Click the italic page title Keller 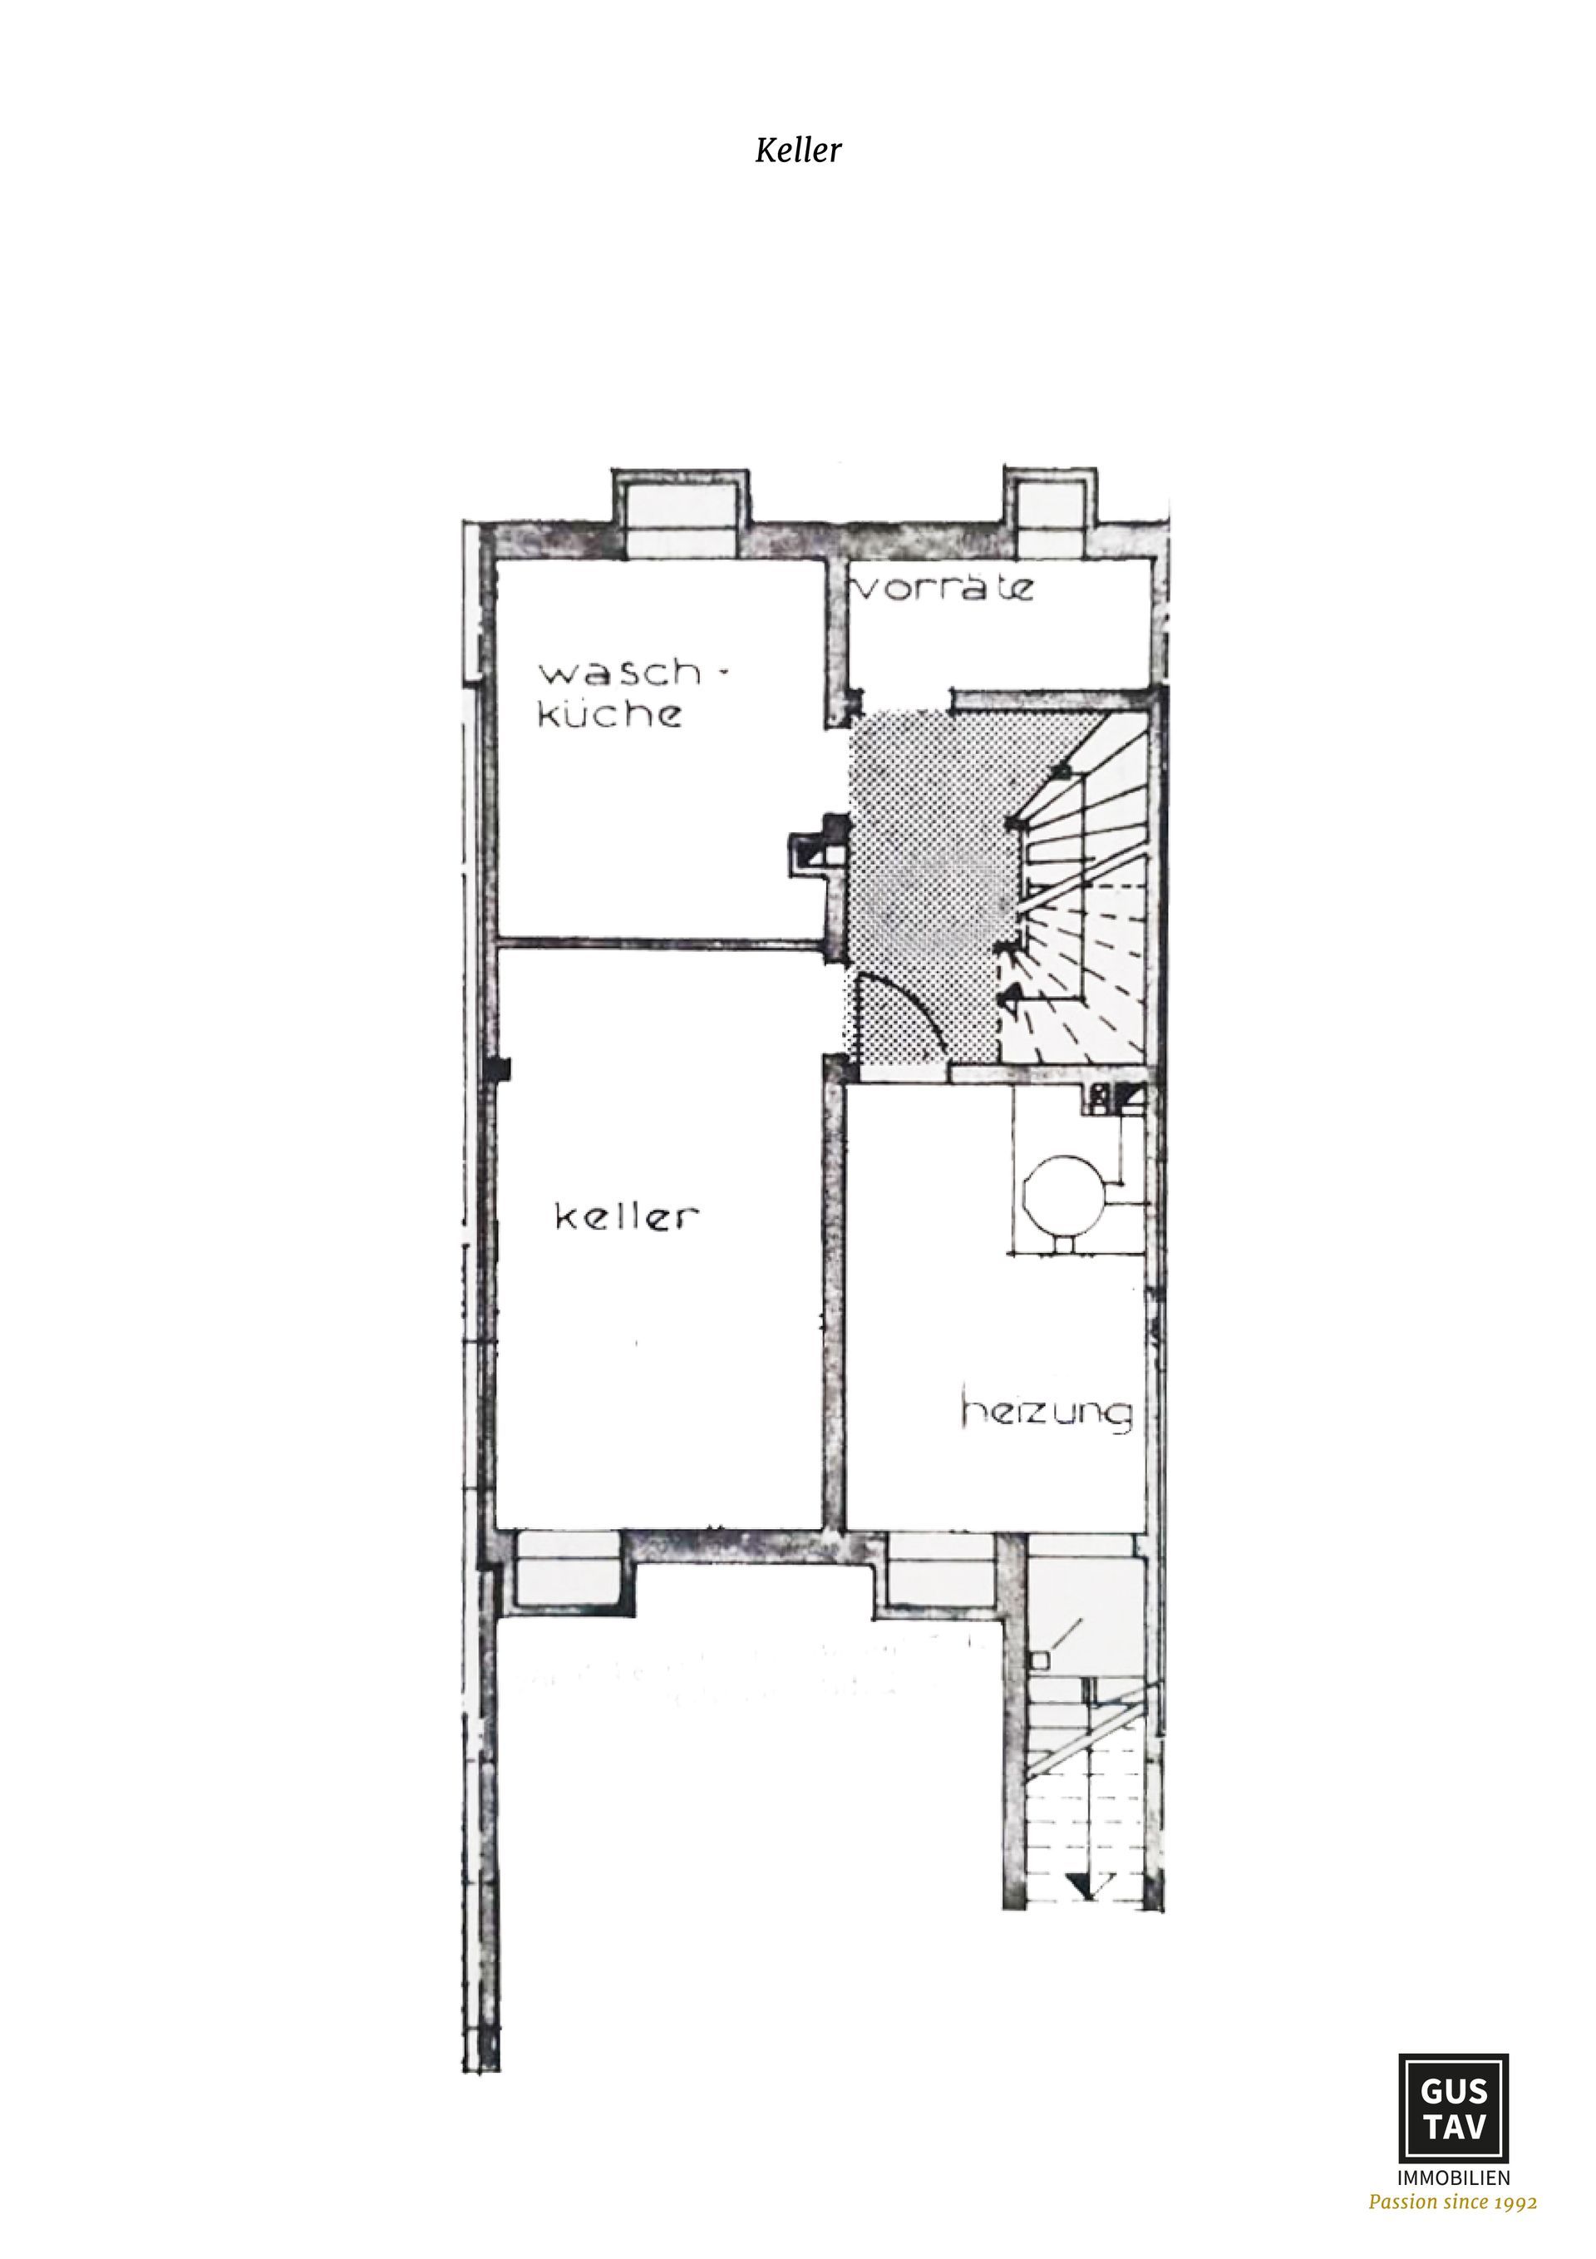point(798,150)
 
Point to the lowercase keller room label point(628,1217)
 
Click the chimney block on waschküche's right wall point(816,846)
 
